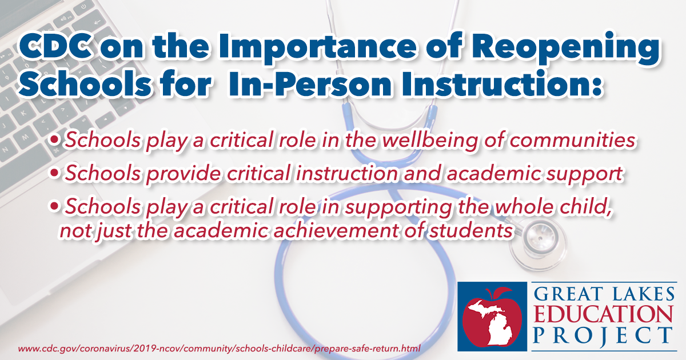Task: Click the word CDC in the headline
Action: click(56, 46)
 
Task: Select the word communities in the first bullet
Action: click(572, 140)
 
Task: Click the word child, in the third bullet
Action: click(585, 207)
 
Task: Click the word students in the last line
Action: click(470, 230)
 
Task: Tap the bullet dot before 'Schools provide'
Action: click(54, 173)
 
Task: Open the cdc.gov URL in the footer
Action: click(220, 349)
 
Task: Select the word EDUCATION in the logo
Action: click(603, 315)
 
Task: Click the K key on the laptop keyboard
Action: click(24, 113)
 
